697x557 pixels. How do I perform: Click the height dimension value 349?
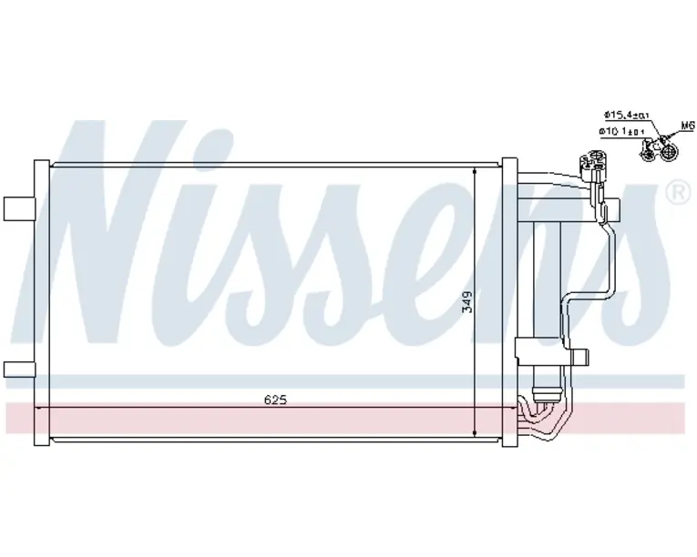click(x=467, y=303)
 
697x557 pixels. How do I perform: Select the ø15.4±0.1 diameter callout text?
click(x=626, y=116)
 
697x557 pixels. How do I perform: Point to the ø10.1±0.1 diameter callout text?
click(x=623, y=132)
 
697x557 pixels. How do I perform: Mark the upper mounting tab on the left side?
click(x=19, y=207)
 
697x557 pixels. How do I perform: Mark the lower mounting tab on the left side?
click(x=19, y=368)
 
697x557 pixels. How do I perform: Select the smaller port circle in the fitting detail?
click(x=649, y=153)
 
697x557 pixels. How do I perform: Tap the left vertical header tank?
click(x=41, y=303)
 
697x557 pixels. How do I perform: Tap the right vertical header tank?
click(x=509, y=303)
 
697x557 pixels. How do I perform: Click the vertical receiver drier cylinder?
click(x=546, y=291)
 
